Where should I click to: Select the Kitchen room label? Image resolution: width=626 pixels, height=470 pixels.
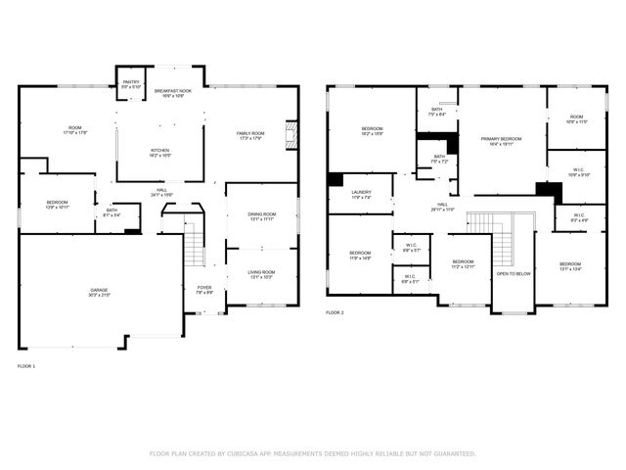pos(160,153)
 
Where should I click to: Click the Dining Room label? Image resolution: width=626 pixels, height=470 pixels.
pos(261,216)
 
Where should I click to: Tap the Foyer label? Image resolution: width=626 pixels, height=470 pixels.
pos(204,289)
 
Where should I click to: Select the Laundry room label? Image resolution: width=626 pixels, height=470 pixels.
pos(362,195)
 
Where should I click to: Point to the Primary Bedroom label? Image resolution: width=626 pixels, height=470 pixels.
pos(501,141)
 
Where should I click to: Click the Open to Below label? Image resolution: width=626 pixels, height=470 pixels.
pos(514,273)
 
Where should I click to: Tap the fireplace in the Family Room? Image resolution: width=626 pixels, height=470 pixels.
pos(290,135)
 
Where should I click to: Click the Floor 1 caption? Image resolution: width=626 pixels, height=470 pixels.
pos(26,365)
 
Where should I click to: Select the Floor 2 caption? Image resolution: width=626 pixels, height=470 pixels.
pos(335,313)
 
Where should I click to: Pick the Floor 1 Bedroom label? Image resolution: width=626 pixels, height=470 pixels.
pos(57,205)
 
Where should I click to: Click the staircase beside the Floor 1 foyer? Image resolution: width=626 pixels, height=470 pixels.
pos(195,241)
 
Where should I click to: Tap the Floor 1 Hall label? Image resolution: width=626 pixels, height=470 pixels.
pos(161,193)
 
